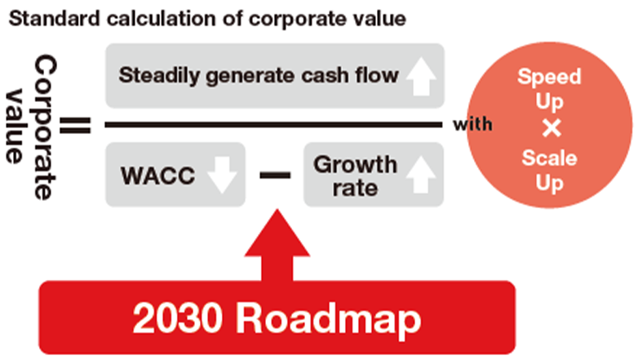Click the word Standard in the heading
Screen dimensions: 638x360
pos(54,19)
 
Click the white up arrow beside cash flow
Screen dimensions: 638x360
pos(422,76)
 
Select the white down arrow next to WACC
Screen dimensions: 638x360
pos(222,176)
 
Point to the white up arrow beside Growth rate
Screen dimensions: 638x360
pos(421,175)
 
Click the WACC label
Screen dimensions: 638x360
pos(158,176)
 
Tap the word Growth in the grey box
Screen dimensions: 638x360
pos(355,165)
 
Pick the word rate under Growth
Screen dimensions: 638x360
pos(355,188)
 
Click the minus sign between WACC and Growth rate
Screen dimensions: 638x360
pos(275,176)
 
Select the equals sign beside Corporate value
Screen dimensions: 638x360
pos(75,126)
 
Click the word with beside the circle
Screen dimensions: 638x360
pos(472,124)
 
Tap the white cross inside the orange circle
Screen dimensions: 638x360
pos(552,128)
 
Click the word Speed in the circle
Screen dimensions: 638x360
pos(549,77)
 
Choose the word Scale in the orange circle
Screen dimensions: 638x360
pos(549,158)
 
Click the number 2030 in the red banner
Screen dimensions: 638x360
pos(178,318)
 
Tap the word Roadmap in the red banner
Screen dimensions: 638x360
pos(328,320)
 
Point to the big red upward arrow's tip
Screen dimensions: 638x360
pos(277,209)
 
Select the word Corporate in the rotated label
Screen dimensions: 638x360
pos(46,127)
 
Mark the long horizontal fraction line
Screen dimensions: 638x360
pos(273,125)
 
